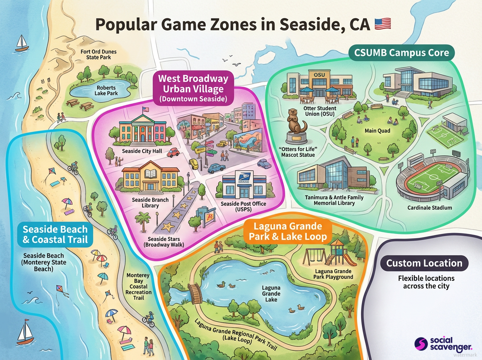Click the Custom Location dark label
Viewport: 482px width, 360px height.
pos(424,264)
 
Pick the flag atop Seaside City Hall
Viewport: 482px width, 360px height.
pos(145,109)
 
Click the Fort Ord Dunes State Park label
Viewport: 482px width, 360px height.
pos(96,54)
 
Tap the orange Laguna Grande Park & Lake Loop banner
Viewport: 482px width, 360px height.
pos(287,231)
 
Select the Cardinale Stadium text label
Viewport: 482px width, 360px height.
pos(429,208)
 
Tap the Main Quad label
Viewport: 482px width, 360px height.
pos(377,131)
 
